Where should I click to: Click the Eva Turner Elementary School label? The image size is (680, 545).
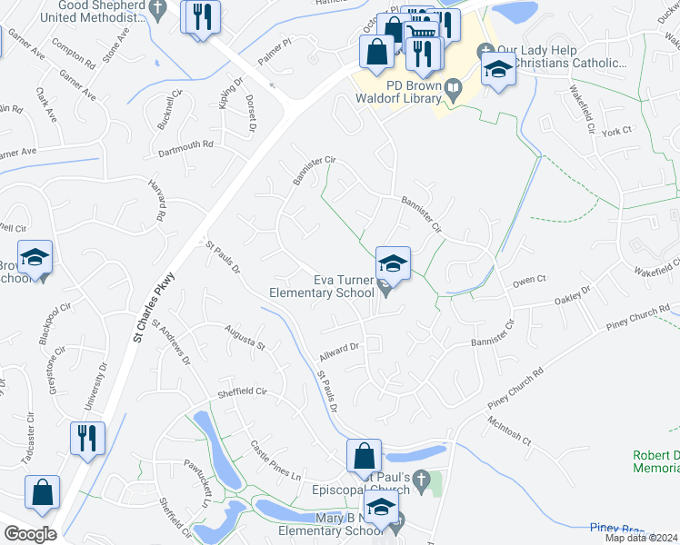click(322, 286)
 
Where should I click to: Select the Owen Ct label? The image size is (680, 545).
click(527, 280)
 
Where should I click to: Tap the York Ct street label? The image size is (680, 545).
click(615, 132)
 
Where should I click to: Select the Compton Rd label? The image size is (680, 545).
click(75, 54)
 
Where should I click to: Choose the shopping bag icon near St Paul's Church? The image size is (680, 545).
click(364, 455)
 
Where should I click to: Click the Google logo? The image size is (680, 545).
click(30, 534)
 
